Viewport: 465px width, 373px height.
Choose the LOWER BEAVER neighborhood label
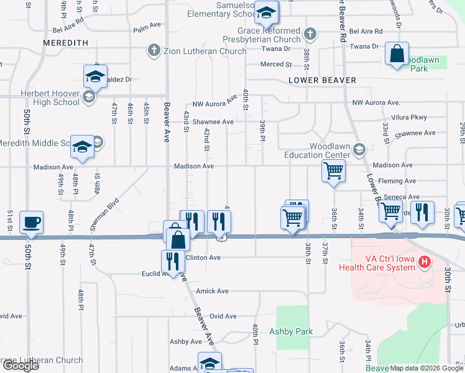322,80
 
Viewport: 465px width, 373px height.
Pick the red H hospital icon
425,262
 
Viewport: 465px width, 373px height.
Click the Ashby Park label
291,331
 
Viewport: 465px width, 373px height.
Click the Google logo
20,366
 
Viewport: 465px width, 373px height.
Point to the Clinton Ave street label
203,257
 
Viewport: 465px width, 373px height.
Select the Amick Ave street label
213,291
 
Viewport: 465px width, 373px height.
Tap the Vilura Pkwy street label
410,117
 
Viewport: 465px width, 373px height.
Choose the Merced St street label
277,64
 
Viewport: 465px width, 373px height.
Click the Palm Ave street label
147,29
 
